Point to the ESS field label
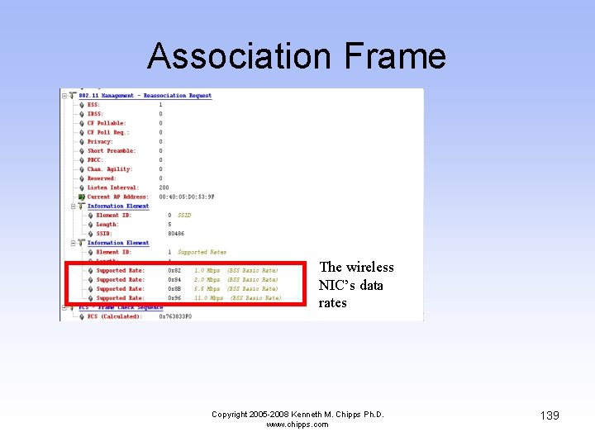[93, 105]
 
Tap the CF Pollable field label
[107, 123]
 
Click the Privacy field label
[100, 141]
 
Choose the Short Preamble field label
[112, 151]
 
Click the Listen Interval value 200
[164, 187]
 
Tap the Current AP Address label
[118, 197]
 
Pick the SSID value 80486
[175, 234]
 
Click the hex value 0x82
[174, 270]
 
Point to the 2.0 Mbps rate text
[207, 280]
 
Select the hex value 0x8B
[174, 289]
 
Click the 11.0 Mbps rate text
[208, 298]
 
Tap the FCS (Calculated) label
[115, 316]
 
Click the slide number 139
[549, 415]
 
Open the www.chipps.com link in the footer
[297, 425]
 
